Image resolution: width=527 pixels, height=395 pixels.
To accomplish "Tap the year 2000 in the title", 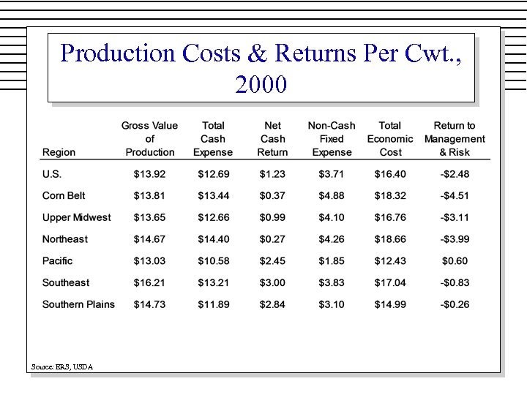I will (261, 85).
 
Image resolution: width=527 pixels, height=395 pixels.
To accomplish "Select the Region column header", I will (59, 152).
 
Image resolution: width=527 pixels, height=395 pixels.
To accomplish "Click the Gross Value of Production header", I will (149, 139).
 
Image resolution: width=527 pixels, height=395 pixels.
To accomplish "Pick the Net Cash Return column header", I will (272, 139).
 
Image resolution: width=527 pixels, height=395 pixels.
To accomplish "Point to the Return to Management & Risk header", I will (455, 139).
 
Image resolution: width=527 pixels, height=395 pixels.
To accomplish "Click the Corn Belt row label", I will (64, 195).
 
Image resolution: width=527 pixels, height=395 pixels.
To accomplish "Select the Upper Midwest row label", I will (77, 217).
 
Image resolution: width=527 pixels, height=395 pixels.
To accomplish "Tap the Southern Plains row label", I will (78, 304).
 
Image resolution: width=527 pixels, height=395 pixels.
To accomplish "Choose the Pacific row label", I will (58, 261).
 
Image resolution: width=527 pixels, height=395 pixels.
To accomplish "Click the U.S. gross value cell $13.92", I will (149, 174).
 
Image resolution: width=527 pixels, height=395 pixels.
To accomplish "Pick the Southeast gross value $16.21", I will (149, 283).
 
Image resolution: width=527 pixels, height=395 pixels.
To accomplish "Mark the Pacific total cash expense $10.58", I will (213, 261).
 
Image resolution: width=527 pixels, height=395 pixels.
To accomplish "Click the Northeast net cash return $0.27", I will (272, 239).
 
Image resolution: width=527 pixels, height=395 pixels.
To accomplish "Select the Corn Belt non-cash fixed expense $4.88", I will (332, 195).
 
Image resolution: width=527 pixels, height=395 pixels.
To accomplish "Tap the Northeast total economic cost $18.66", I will (390, 239).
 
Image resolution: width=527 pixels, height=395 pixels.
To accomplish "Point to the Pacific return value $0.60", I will (455, 261).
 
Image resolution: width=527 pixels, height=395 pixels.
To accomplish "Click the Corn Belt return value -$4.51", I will (455, 195).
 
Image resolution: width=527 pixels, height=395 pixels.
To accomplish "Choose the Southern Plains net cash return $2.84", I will (272, 304).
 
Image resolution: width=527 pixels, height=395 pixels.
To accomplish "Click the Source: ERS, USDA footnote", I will (62, 366).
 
